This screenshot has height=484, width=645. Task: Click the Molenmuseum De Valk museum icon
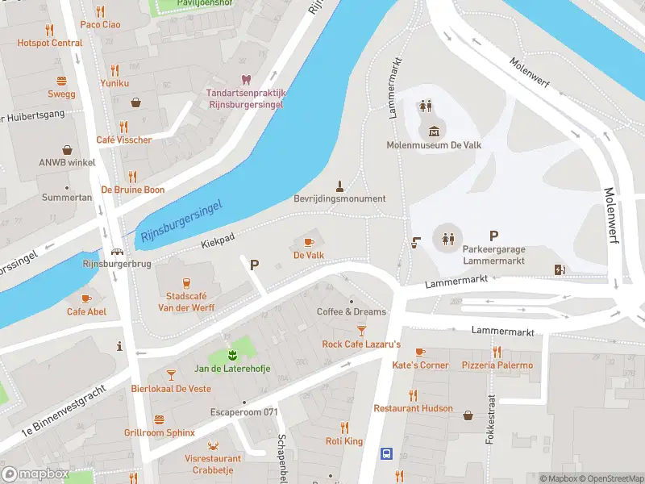coord(435,131)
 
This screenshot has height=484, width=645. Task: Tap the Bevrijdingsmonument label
coord(339,198)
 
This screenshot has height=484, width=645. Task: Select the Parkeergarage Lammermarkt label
coord(493,255)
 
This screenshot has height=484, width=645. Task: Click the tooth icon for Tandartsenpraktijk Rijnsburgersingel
coord(246,79)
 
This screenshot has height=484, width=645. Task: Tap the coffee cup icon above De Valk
coord(308,241)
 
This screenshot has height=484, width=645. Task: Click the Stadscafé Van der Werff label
coord(185,302)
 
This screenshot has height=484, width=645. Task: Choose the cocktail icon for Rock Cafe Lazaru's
coord(361,330)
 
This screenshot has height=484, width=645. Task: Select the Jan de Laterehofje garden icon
coord(231,355)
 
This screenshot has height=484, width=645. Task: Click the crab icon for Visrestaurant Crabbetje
coord(213,445)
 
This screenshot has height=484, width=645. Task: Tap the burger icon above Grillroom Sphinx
coord(159,419)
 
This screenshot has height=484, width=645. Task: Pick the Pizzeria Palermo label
coord(497,365)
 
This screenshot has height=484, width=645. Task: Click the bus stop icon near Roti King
coord(386,453)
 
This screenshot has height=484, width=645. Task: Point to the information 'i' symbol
coord(119,347)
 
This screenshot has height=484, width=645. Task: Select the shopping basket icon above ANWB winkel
coord(67,149)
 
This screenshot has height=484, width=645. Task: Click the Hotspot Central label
coord(50,43)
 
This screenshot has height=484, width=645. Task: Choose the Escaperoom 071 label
coord(243,412)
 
